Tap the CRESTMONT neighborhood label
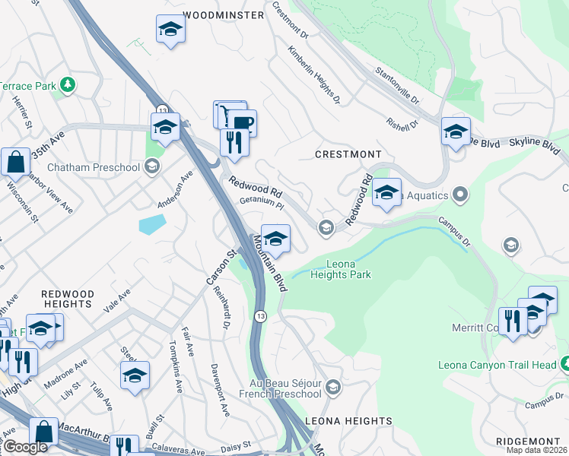tap(348, 154)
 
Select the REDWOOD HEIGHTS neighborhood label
tap(68, 299)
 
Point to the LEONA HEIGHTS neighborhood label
tap(348, 420)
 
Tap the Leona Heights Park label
tap(341, 269)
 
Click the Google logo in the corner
tap(24, 447)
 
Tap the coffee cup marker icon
tap(242, 122)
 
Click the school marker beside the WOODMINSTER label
tap(170, 30)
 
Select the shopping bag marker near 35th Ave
tap(15, 162)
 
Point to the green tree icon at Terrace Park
tap(68, 84)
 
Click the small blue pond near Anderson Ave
tap(152, 223)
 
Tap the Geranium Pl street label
tap(261, 204)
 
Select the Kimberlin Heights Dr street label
tap(313, 74)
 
